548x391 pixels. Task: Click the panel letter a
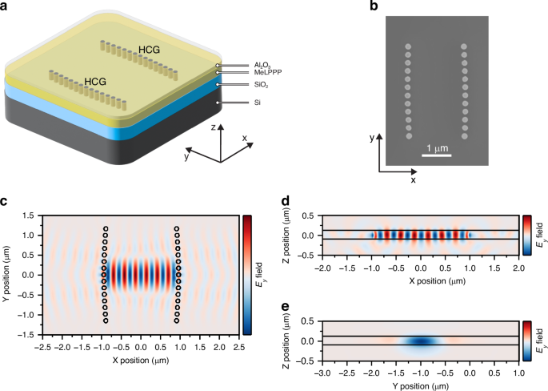click(6, 6)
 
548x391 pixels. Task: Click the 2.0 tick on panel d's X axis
click(520, 271)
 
